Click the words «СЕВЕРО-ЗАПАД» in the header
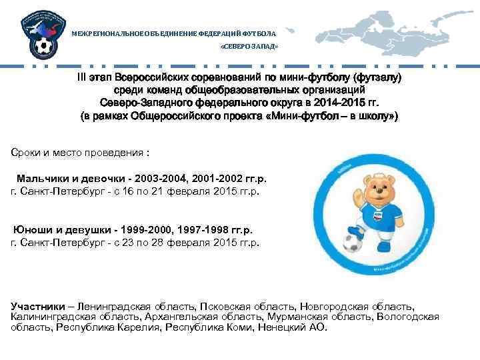click(x=249, y=48)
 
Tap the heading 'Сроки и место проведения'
click(x=81, y=153)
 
